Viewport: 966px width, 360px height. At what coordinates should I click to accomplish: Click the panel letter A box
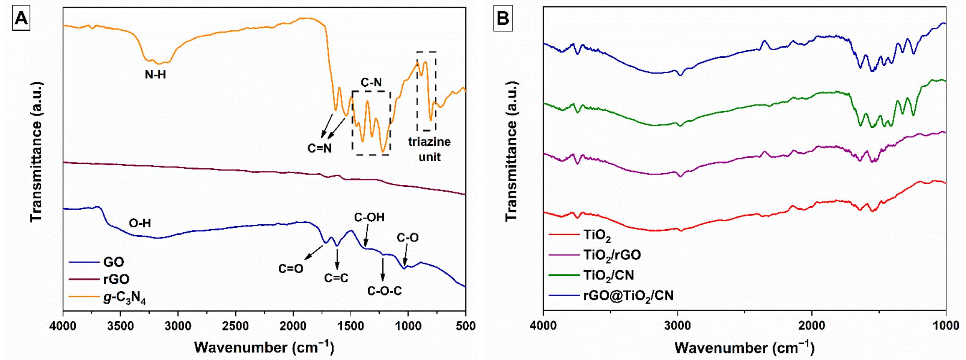[x=21, y=19]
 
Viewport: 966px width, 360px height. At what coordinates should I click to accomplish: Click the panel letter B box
[x=503, y=19]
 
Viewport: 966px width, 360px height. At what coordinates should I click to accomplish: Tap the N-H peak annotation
[x=155, y=75]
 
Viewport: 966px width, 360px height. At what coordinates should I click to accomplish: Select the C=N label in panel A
[x=319, y=148]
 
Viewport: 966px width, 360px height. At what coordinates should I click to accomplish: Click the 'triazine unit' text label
[x=429, y=149]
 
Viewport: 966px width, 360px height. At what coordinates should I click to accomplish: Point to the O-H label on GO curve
[x=140, y=223]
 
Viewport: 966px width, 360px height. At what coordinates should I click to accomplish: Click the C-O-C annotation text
[x=384, y=291]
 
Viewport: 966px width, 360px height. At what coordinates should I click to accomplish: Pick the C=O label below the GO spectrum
[x=291, y=268]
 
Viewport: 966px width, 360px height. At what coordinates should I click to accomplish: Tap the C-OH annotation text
[x=369, y=217]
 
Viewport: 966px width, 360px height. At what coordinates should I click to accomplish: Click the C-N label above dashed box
[x=371, y=82]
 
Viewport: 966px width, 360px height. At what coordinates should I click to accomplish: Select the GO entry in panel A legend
[x=114, y=262]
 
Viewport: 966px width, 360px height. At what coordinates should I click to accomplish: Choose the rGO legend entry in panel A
[x=116, y=279]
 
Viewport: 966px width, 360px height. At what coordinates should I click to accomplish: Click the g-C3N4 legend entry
[x=125, y=298]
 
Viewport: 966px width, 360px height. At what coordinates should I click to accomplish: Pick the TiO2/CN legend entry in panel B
[x=608, y=275]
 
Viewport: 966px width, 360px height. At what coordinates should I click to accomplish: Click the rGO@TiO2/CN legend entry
[x=628, y=295]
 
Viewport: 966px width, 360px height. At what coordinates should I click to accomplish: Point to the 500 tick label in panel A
[x=465, y=326]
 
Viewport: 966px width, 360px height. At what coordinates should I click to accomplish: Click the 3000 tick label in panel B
[x=677, y=326]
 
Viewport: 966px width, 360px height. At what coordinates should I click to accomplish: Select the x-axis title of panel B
[x=744, y=348]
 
